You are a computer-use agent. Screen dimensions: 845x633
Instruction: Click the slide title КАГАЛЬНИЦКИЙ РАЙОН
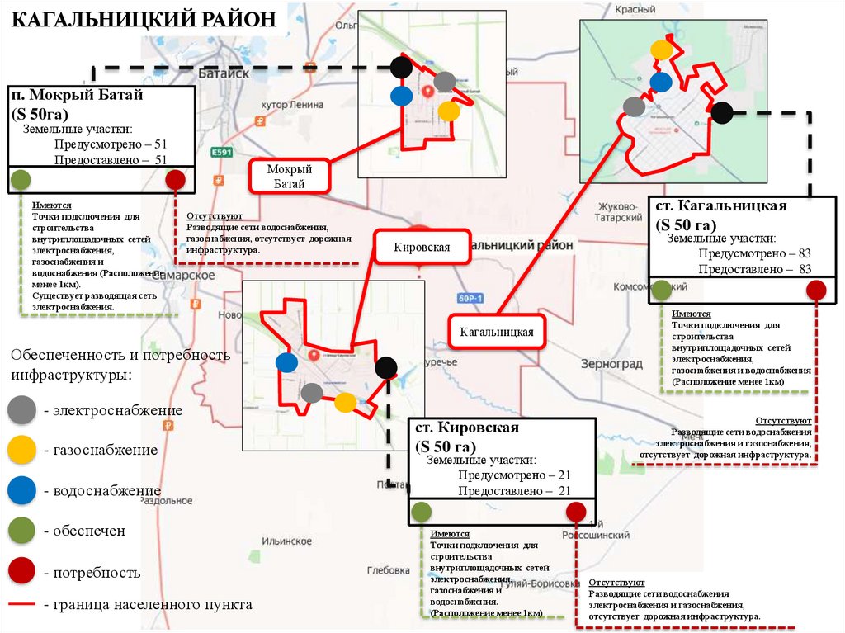144,19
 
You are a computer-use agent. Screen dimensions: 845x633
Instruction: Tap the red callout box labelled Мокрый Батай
289,176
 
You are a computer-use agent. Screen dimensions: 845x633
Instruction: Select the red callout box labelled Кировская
422,247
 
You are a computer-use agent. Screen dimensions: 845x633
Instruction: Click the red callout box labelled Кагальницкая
498,332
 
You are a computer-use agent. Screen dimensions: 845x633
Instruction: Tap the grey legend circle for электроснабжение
21,410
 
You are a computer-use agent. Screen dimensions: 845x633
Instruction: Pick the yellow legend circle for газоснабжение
21,450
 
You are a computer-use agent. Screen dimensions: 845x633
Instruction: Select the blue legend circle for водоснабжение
21,490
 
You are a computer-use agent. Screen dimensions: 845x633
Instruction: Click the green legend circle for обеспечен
21,530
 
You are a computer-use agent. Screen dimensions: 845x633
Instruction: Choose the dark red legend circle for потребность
21,571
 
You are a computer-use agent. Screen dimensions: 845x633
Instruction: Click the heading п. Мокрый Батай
78,95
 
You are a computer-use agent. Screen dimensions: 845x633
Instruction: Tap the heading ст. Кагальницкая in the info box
721,205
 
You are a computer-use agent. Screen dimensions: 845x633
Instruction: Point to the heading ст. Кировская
466,428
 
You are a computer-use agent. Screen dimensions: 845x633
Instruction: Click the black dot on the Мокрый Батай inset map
400,66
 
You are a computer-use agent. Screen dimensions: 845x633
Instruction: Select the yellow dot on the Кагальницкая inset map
661,50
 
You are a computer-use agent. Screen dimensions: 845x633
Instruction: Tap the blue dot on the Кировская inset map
286,362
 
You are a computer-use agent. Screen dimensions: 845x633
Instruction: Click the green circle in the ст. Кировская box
421,511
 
